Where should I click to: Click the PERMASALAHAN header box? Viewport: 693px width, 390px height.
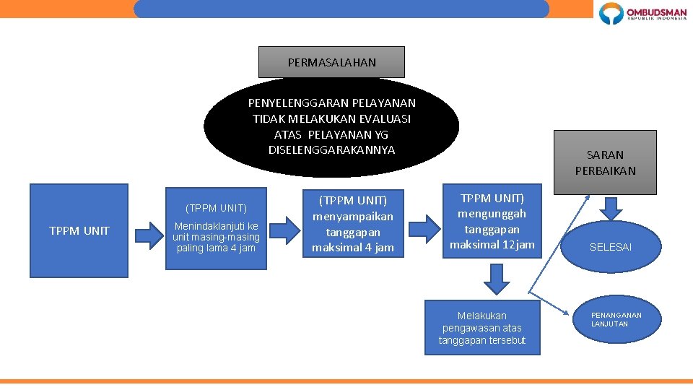331,62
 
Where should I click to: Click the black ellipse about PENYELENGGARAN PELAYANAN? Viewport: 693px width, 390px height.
331,126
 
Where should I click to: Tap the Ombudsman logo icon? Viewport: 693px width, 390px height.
611,14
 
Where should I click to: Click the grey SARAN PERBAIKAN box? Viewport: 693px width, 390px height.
605,162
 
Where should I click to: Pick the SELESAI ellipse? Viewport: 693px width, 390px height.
611,247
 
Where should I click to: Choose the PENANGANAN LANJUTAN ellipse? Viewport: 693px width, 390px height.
616,319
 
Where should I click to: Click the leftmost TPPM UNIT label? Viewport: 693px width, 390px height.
79,231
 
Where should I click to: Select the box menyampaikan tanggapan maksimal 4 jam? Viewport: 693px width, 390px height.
353,224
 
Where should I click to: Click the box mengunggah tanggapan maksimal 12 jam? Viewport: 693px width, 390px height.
492,222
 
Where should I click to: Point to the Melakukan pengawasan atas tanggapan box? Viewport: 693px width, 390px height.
482,328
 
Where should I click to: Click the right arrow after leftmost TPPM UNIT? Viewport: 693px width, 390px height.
149,233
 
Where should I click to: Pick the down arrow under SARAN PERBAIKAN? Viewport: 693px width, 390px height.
611,208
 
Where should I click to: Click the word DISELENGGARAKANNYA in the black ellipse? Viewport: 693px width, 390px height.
331,150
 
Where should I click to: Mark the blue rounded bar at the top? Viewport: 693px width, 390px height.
341,9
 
